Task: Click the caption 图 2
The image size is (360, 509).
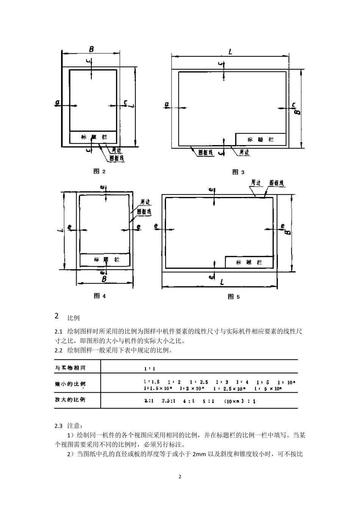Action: tap(99, 171)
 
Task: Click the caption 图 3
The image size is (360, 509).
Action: tap(238, 172)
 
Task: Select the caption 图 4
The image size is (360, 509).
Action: tap(99, 296)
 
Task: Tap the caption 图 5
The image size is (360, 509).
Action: tap(233, 297)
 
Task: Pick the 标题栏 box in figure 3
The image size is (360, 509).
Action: tap(260, 139)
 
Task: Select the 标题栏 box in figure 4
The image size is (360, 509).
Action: tap(105, 260)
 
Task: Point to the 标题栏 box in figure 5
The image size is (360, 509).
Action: tap(249, 262)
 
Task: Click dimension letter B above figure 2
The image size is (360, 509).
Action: tap(91, 49)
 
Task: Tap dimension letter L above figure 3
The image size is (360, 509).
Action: tap(230, 51)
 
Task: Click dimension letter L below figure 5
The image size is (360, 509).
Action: tap(222, 282)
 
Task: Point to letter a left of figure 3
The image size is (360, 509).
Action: tap(167, 105)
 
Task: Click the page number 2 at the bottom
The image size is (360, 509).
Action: tap(180, 476)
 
